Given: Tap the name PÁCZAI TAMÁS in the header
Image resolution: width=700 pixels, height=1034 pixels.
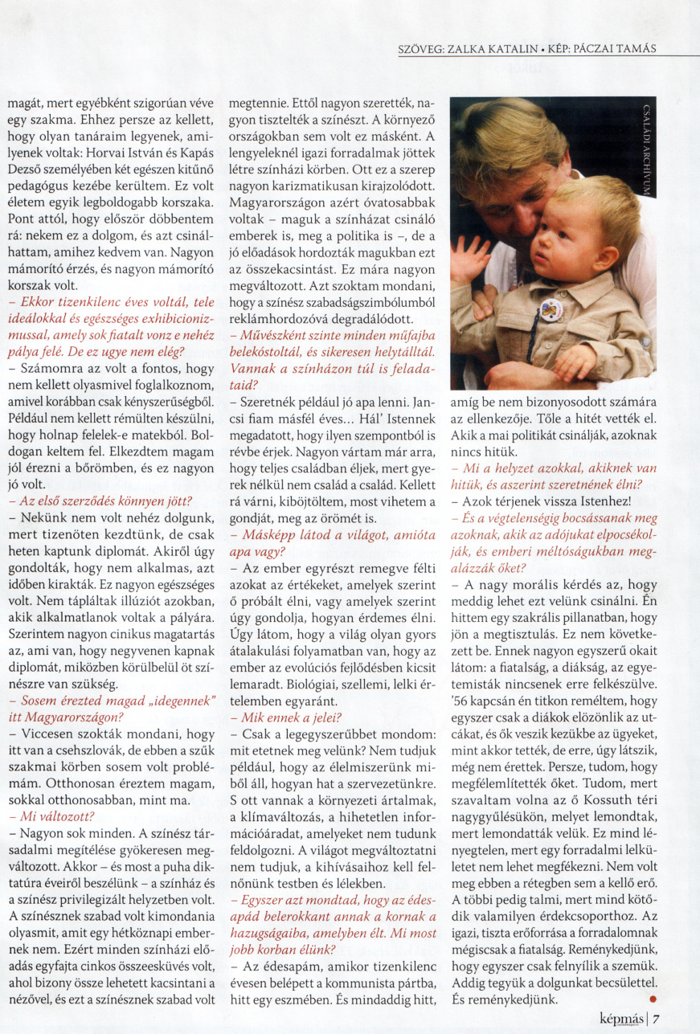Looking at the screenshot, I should tap(617, 48).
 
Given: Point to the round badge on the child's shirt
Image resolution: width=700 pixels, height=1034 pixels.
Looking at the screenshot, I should tap(551, 309).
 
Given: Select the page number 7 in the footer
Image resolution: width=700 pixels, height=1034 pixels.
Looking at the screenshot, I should tap(657, 1019).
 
